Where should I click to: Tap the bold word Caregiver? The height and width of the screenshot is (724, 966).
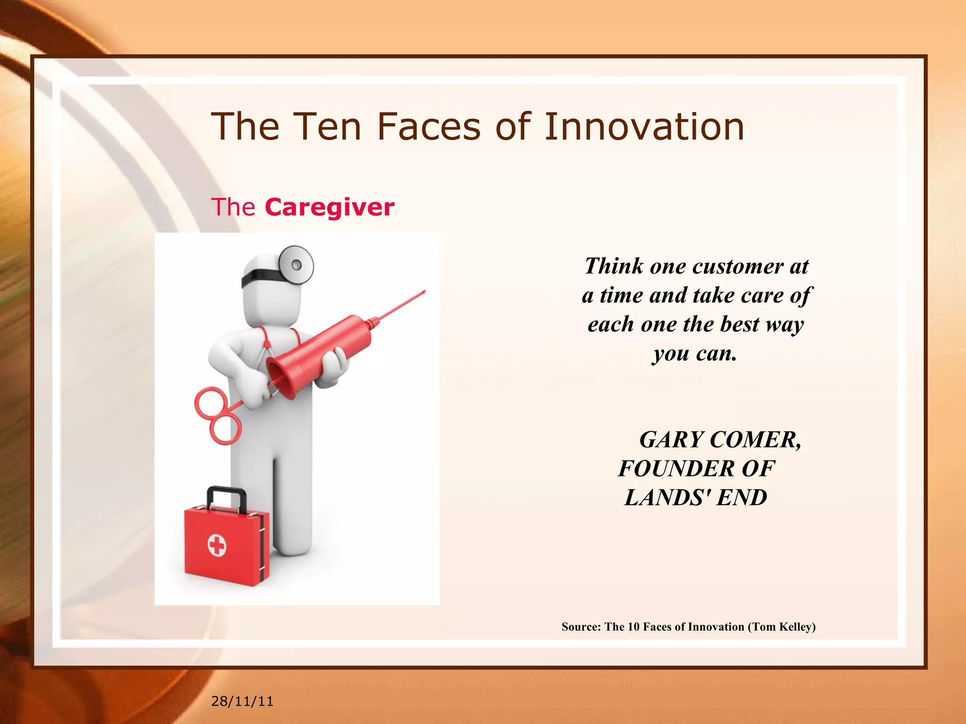pyautogui.click(x=329, y=207)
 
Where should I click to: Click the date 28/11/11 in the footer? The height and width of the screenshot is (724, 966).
pyautogui.click(x=242, y=701)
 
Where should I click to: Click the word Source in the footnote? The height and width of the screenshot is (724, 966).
pyautogui.click(x=580, y=627)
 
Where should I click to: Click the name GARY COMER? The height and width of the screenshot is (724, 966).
pyautogui.click(x=720, y=440)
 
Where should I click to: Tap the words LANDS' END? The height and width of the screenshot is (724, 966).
pyautogui.click(x=696, y=498)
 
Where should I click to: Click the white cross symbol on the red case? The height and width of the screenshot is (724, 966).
pyautogui.click(x=217, y=546)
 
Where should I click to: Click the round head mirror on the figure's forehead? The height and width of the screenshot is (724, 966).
pyautogui.click(x=296, y=265)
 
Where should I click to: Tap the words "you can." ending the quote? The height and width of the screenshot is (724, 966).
pyautogui.click(x=695, y=354)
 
